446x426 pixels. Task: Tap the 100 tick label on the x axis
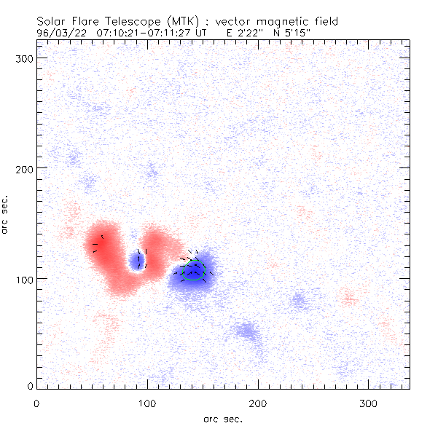click(147, 402)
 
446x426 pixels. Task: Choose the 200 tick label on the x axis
click(258, 402)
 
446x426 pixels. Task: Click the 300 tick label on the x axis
click(369, 402)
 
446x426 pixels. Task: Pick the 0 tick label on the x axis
click(36, 402)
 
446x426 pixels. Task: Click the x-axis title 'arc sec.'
click(223, 419)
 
